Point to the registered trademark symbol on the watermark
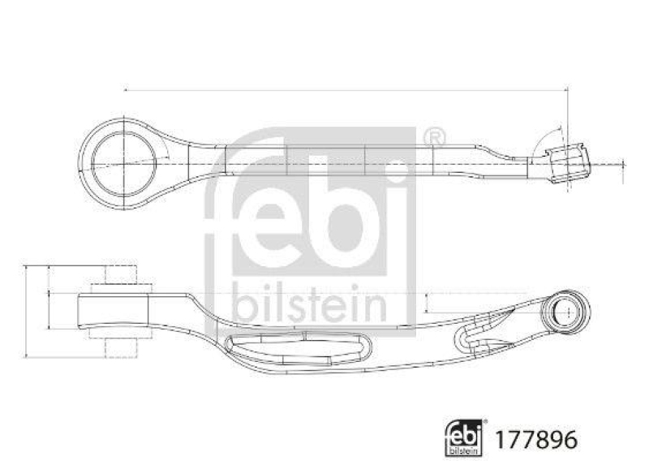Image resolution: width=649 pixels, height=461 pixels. (x=435, y=136)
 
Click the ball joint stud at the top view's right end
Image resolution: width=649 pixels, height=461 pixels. (x=569, y=163)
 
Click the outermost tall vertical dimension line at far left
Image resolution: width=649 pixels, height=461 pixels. (x=28, y=310)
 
